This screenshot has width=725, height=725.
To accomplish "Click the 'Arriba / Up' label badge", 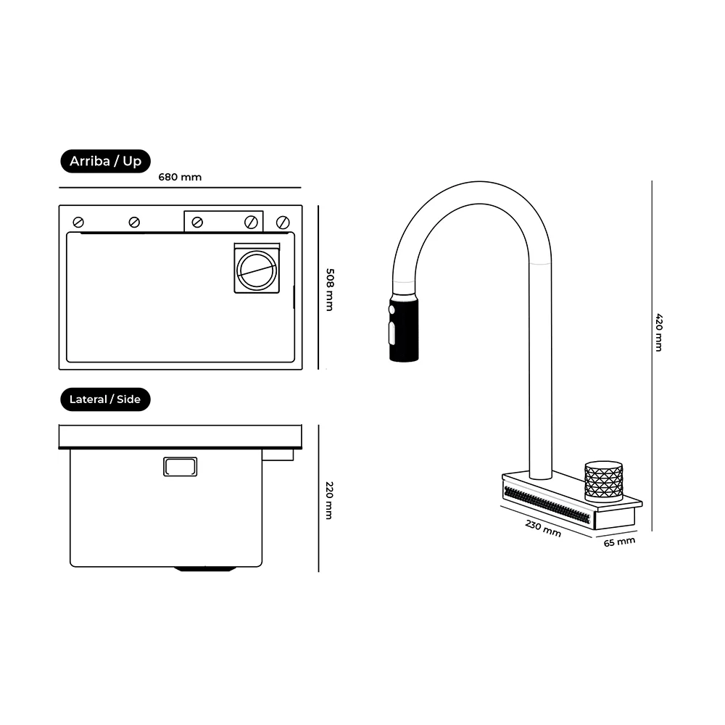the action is [x=105, y=161].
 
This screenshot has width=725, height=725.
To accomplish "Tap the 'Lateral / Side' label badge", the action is [x=105, y=399].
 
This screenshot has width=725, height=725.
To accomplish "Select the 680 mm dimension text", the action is [x=180, y=177].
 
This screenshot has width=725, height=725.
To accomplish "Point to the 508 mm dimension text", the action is [x=330, y=289].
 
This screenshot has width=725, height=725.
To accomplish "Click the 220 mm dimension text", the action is [x=329, y=500].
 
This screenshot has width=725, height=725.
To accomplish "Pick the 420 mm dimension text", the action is [x=659, y=333].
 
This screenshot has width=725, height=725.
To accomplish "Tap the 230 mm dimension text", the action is [x=543, y=528].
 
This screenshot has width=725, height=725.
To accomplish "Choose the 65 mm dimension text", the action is [x=620, y=542].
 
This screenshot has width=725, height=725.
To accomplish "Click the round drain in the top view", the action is [x=257, y=270].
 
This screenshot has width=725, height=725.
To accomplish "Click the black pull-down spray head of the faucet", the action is [x=404, y=328].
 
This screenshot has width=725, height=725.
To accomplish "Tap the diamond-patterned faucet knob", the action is [x=603, y=481].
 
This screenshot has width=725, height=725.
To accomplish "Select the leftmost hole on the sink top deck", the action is [x=78, y=223].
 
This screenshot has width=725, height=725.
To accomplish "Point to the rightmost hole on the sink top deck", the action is [x=283, y=223].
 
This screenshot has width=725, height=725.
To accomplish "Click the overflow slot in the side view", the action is [x=181, y=466].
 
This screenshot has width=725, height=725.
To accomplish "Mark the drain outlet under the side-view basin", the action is [x=205, y=569].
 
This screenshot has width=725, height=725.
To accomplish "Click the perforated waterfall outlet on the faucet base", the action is [x=547, y=505].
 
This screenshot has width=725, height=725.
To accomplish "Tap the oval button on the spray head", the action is [x=392, y=333].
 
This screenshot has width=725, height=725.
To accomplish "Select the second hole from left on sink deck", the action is [x=134, y=223].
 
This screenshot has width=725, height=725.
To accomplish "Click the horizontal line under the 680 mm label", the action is [x=180, y=188].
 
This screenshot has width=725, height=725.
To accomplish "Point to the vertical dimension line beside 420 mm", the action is [x=652, y=356].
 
